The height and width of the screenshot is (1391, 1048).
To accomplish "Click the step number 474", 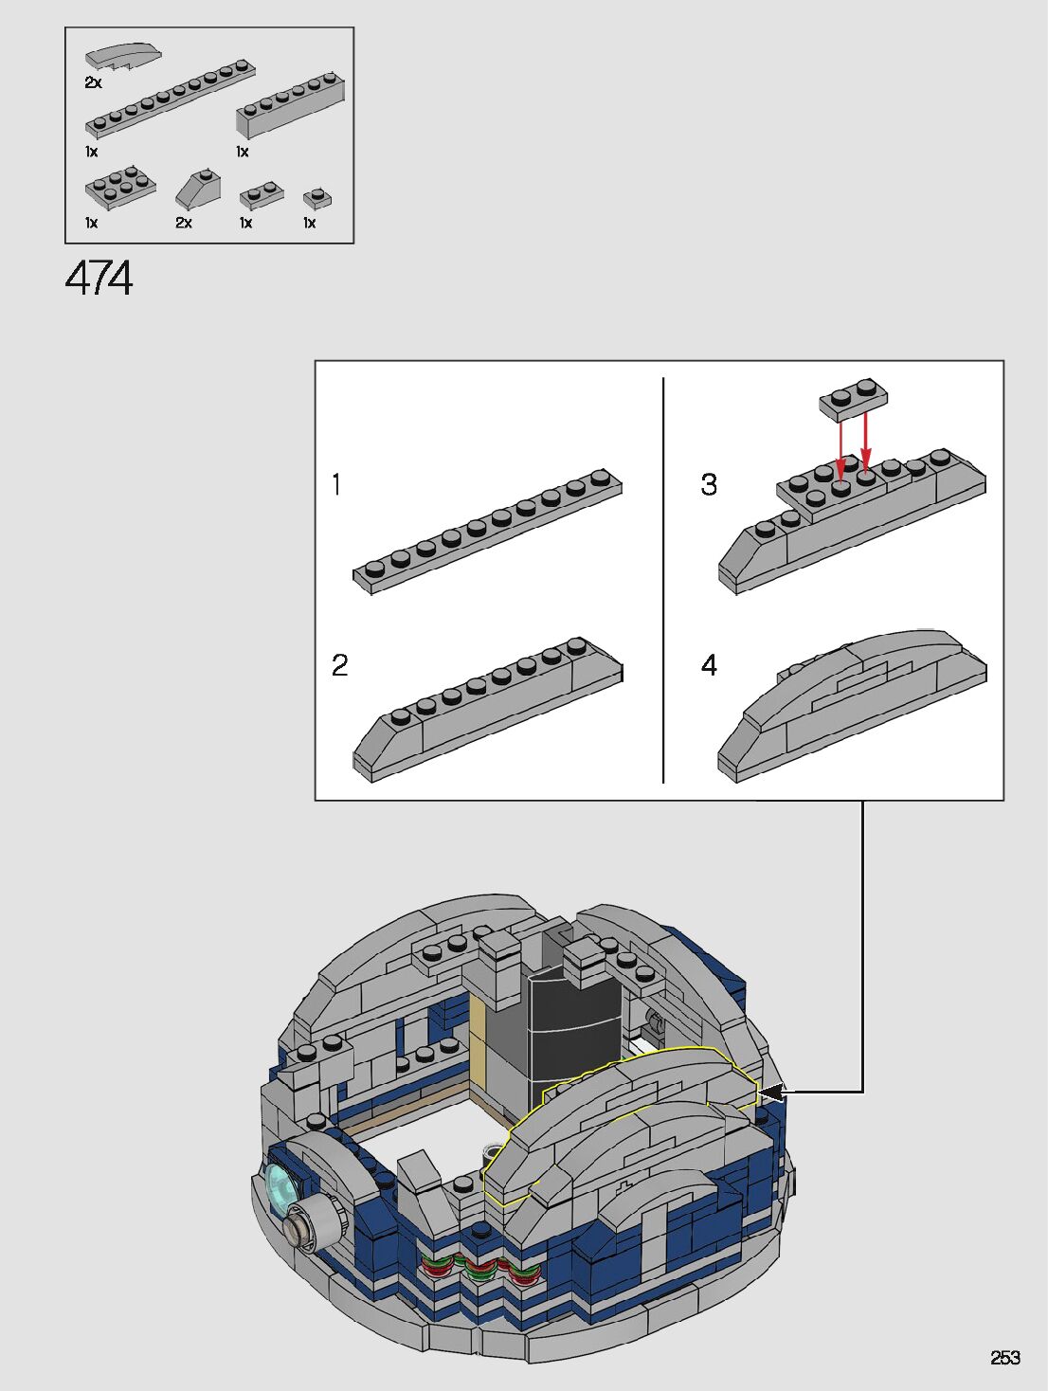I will pos(99,279).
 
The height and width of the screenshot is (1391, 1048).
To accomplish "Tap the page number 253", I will pos(1004,1358).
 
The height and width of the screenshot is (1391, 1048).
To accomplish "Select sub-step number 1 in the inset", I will pos(336,484).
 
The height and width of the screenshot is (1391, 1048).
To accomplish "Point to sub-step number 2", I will pos(339,665).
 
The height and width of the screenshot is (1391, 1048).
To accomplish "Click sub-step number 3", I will pos(709,484).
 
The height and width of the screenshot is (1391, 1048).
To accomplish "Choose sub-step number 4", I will pos(709,665).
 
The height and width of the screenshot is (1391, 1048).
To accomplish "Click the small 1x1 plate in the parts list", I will pos(317,197).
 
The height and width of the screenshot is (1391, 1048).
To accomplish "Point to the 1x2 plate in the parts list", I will pos(262,195).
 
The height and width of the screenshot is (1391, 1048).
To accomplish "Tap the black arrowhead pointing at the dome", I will pos(771,1093).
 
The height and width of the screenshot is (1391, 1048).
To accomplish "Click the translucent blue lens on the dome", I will pos(280,1188).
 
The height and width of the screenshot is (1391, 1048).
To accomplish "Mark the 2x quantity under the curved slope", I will pos(93,82).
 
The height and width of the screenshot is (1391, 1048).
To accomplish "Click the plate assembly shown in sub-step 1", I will pos(488,532).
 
